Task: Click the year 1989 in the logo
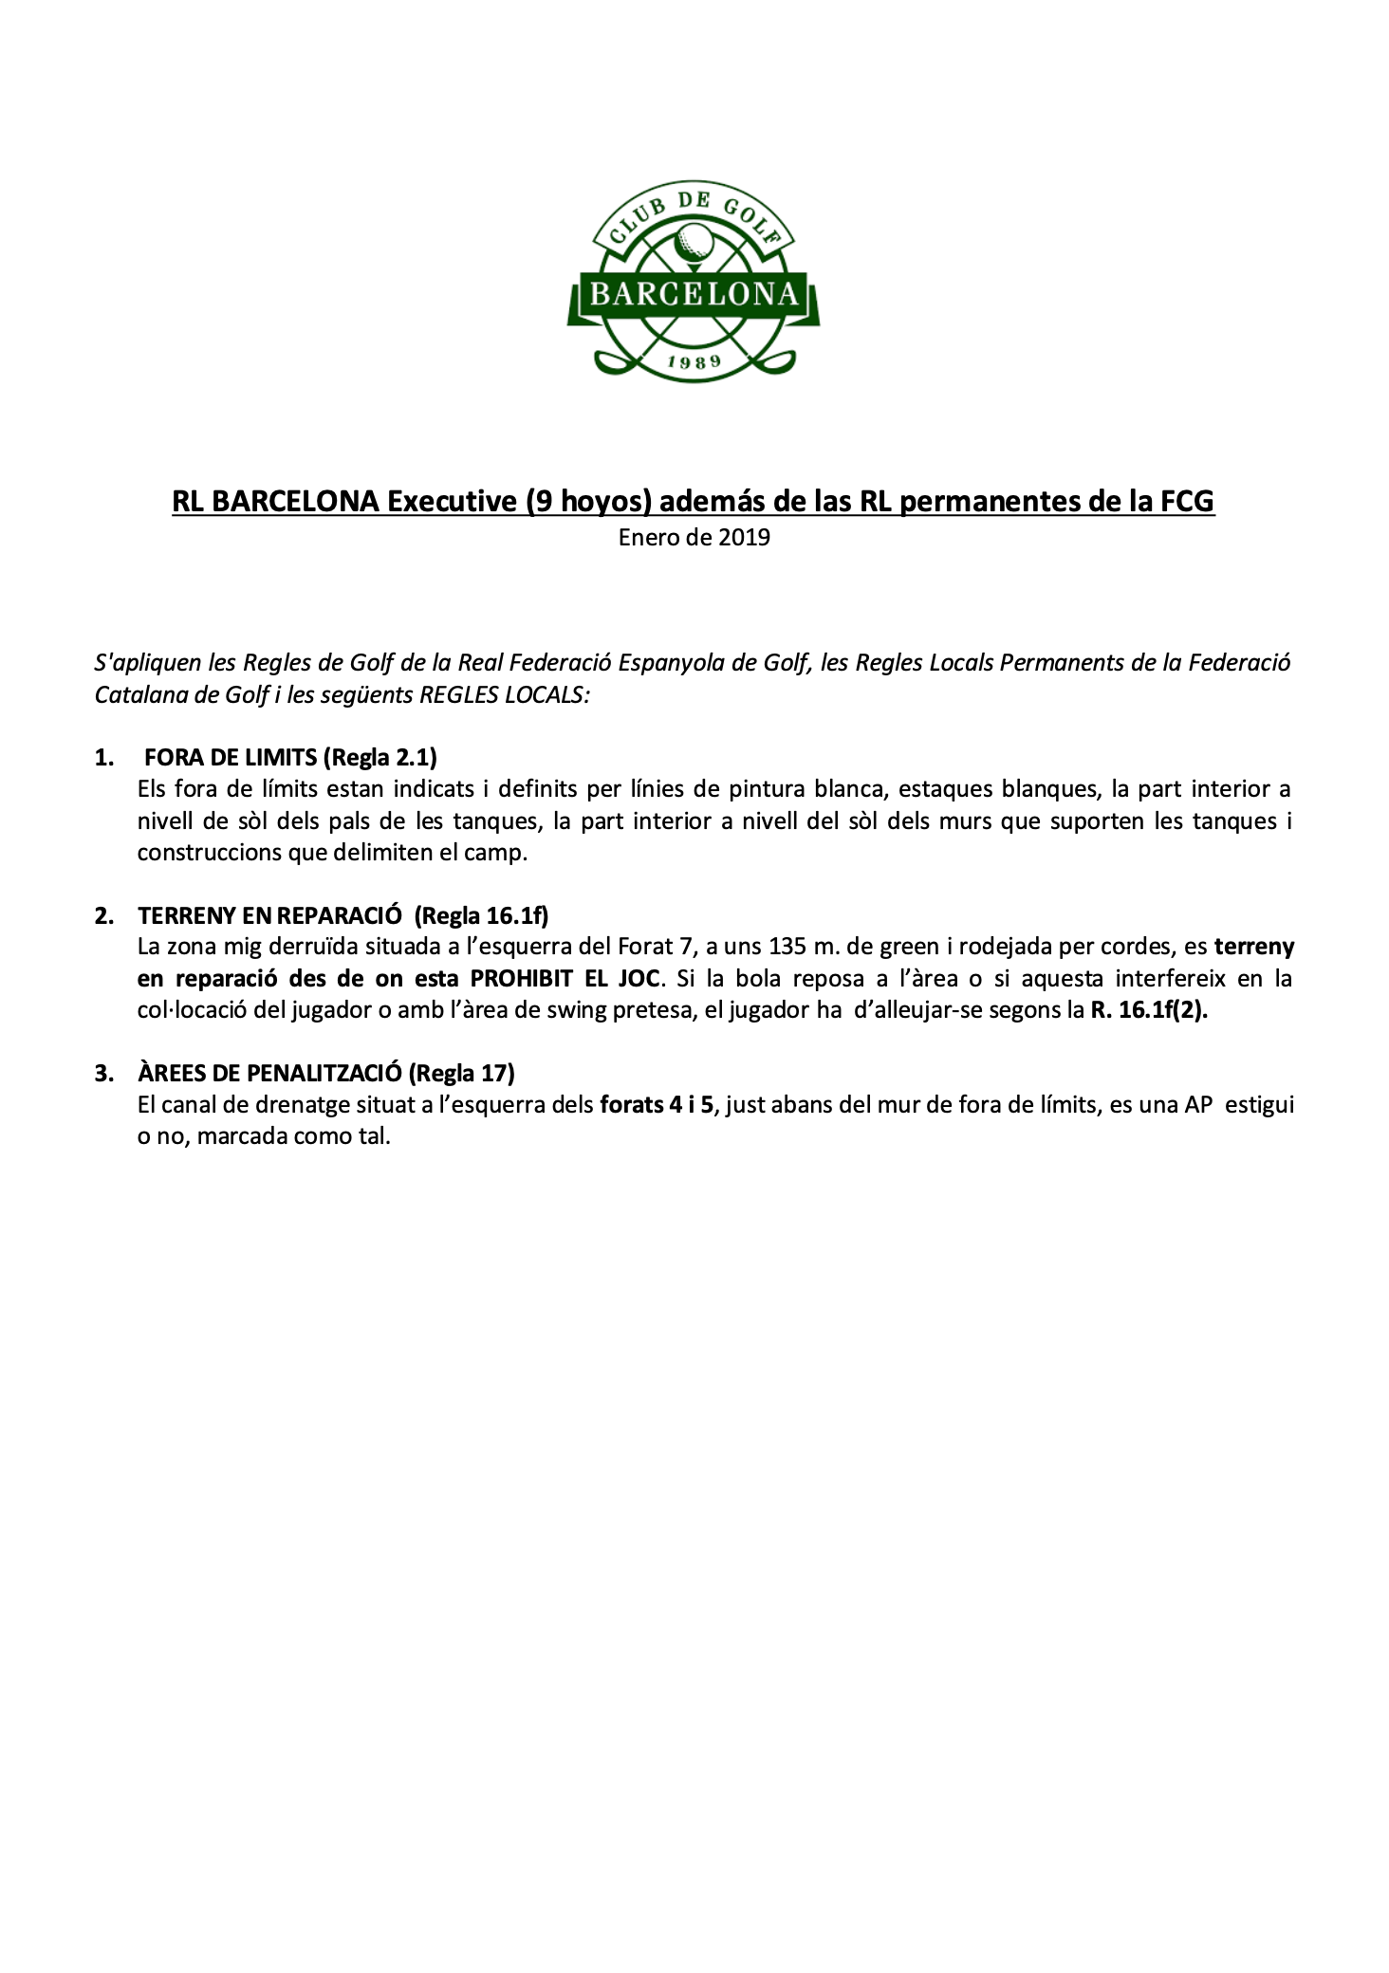[694, 360]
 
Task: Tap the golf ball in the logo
[694, 242]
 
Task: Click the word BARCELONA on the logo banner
[694, 294]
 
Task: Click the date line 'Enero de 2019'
[694, 538]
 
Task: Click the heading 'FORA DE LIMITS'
[231, 757]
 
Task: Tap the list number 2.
[104, 915]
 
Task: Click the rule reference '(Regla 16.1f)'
[483, 915]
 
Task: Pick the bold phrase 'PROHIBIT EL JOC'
[565, 978]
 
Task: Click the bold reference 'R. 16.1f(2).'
[1149, 1009]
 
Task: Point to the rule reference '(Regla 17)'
[462, 1073]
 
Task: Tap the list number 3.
[104, 1073]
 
